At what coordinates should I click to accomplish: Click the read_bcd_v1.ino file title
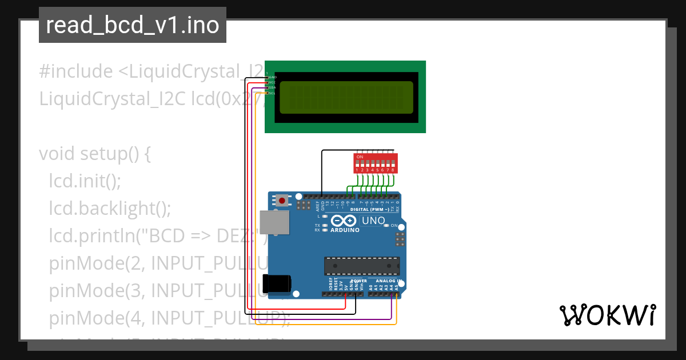(133, 25)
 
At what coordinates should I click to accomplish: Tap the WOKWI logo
(607, 315)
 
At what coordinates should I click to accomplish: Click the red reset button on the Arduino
(282, 201)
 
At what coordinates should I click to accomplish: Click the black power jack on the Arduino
(277, 284)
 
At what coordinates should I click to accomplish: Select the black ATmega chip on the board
(362, 266)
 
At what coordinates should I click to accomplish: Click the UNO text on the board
(374, 221)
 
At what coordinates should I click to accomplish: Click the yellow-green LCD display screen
(345, 97)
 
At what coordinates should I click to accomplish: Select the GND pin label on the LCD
(273, 77)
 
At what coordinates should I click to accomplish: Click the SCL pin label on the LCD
(272, 93)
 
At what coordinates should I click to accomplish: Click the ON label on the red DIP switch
(360, 157)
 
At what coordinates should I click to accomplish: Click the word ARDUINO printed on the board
(345, 230)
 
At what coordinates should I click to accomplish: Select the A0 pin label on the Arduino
(371, 287)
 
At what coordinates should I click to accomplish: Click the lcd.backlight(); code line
(110, 209)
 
